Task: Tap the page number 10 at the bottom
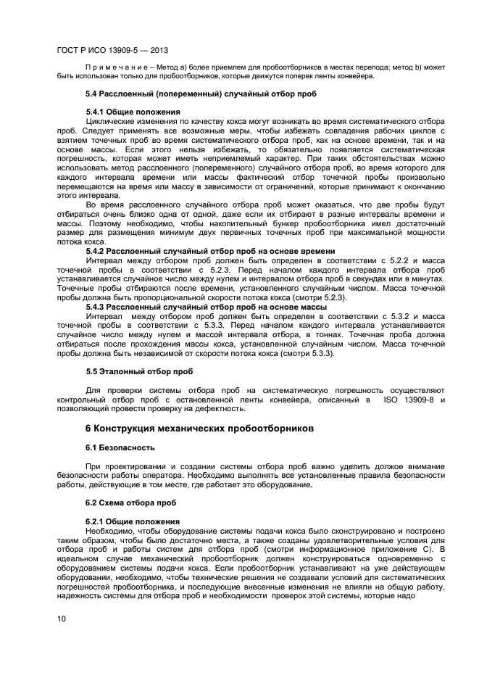(61, 619)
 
